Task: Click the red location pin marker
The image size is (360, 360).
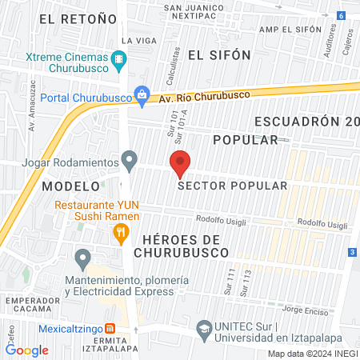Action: tap(180, 162)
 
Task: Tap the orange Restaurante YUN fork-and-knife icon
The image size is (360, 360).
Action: tap(121, 234)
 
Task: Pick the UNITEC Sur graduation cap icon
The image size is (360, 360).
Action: tap(205, 329)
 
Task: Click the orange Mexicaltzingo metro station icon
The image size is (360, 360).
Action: tap(110, 329)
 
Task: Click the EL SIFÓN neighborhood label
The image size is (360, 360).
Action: tap(219, 54)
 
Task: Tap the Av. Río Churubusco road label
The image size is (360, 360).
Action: tap(204, 96)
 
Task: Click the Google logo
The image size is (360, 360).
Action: tap(27, 350)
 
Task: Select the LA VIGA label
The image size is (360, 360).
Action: tap(134, 40)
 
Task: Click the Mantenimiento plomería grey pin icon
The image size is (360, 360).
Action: tap(82, 258)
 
